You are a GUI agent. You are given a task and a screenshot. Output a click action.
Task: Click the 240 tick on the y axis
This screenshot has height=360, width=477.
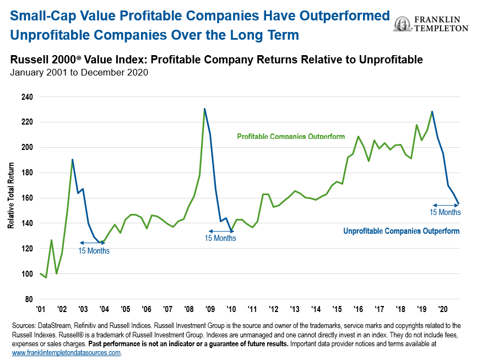(27, 97)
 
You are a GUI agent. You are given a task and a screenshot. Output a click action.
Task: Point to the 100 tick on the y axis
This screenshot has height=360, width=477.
(27, 274)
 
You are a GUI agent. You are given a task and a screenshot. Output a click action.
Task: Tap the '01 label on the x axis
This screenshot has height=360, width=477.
(41, 310)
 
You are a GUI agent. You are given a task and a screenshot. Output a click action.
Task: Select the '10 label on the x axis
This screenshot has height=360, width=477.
(231, 310)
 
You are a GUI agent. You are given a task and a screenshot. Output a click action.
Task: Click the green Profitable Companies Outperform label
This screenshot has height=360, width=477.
(291, 136)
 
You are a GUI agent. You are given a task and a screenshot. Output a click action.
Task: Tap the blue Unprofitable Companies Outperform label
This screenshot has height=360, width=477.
(401, 231)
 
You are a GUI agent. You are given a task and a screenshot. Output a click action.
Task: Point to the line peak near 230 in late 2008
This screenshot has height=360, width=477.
(204, 109)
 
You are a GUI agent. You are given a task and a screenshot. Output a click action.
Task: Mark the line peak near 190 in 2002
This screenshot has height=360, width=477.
(72, 159)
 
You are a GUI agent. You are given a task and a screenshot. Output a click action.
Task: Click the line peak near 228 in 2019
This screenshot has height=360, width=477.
(432, 111)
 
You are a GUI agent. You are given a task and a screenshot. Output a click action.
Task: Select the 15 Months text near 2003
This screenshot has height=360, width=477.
(94, 251)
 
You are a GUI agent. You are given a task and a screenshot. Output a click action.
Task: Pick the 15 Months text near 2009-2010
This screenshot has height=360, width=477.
(220, 239)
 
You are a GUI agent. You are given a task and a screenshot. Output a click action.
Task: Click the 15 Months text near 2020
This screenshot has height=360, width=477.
(445, 212)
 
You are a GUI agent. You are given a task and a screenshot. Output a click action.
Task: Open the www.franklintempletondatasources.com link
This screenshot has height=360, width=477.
(66, 352)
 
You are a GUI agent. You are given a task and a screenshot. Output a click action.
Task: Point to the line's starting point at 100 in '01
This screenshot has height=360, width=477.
(41, 273)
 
